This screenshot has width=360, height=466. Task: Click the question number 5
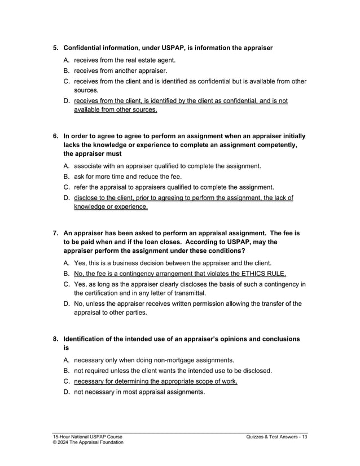coord(55,48)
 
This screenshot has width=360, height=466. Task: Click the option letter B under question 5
coord(67,71)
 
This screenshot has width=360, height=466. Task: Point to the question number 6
coord(55,136)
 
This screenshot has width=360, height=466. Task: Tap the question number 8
coord(55,339)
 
